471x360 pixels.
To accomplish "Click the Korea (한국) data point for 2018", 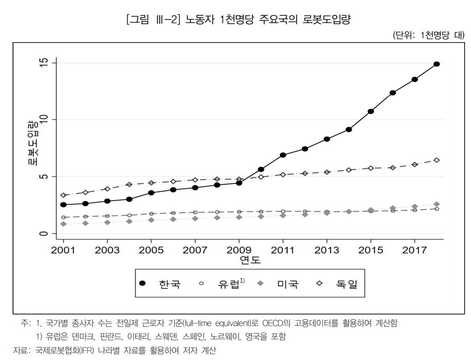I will [x=436, y=64].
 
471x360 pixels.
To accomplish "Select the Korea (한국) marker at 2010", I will [x=261, y=170].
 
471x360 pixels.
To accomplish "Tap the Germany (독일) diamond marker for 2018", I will [x=436, y=160].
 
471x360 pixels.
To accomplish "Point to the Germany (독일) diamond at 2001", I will [x=63, y=195].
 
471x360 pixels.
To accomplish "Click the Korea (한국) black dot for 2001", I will [x=63, y=204].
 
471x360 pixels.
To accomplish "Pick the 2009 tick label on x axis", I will [x=239, y=250].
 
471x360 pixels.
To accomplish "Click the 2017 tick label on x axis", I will [x=414, y=250].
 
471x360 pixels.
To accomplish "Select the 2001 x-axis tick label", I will [x=63, y=250].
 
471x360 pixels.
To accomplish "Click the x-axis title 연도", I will [x=250, y=260].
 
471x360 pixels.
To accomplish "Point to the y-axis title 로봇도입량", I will [x=32, y=143].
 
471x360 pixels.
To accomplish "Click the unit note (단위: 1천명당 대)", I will [x=428, y=35].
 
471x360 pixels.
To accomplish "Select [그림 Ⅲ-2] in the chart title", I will [x=152, y=20].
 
